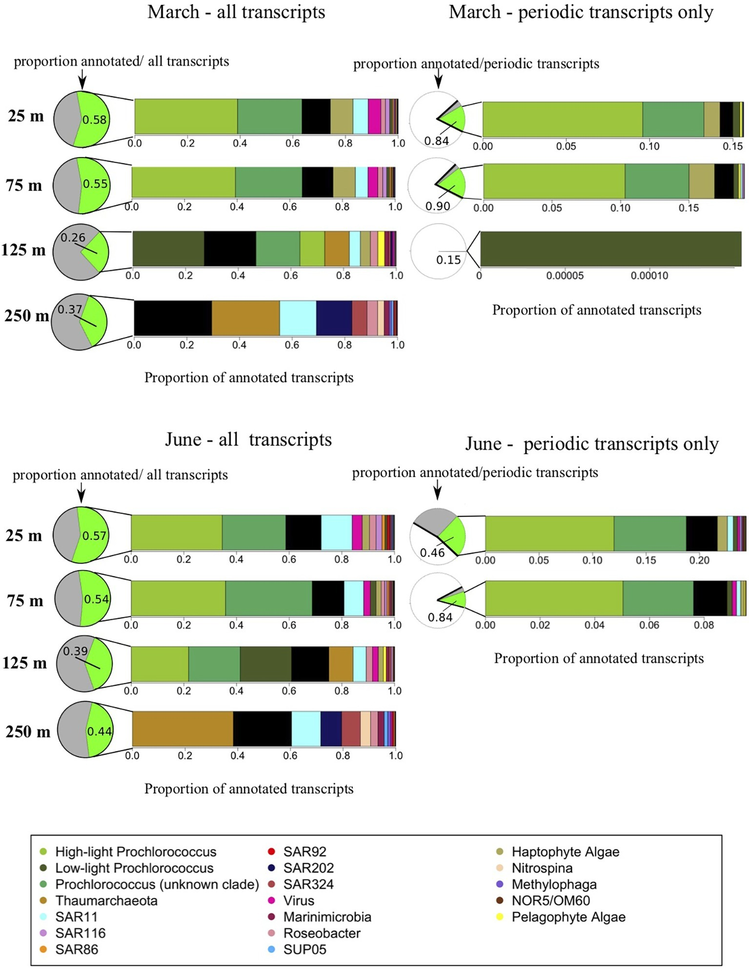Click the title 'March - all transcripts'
click(x=236, y=12)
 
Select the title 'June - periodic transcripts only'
click(x=591, y=444)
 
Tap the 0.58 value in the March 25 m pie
click(x=94, y=119)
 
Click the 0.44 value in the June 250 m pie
click(x=99, y=731)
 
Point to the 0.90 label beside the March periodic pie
click(x=437, y=206)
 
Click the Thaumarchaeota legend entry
click(x=106, y=900)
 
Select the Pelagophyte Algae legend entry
click(x=568, y=916)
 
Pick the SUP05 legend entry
click(x=304, y=949)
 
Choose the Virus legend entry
click(x=299, y=900)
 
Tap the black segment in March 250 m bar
click(x=173, y=318)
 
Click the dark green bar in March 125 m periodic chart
click(x=610, y=249)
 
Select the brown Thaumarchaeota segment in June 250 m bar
click(x=182, y=729)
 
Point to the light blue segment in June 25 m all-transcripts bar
click(x=336, y=532)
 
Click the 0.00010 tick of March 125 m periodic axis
click(x=649, y=276)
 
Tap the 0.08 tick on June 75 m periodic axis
click(x=704, y=625)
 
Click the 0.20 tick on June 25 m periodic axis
click(x=699, y=560)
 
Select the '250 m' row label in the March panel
click(x=26, y=316)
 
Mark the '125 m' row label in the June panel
click(x=24, y=663)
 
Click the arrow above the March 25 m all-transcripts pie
click(x=82, y=79)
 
